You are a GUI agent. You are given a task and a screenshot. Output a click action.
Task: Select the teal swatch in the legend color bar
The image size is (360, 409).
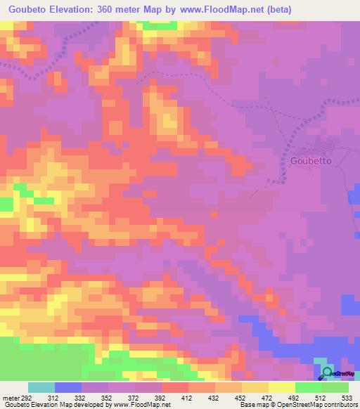41,388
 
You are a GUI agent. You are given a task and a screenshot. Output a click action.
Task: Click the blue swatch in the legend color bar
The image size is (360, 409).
67,388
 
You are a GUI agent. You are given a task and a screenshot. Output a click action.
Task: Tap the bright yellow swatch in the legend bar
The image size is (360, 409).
281,388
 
